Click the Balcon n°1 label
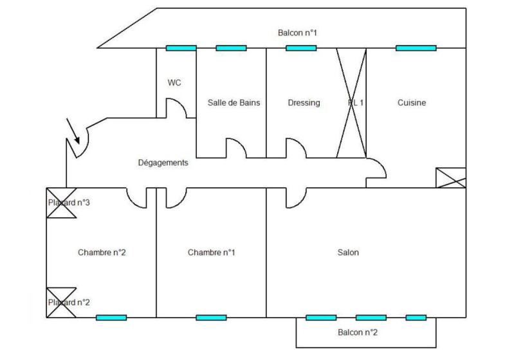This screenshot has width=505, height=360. click(x=297, y=33)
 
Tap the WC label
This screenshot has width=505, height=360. click(x=174, y=83)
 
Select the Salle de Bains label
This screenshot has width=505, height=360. click(x=234, y=103)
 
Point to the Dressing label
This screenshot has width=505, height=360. click(x=304, y=103)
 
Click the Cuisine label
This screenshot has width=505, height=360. click(x=412, y=103)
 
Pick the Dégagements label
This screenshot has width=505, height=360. click(x=163, y=163)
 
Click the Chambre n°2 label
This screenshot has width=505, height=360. click(x=102, y=253)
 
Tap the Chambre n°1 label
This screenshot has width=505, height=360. click(x=211, y=253)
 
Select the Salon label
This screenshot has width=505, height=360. click(x=348, y=253)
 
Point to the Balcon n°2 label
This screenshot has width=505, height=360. click(x=358, y=332)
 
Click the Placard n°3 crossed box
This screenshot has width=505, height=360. click(x=61, y=203)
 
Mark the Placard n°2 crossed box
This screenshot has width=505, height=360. click(x=61, y=302)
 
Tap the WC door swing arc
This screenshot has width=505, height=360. click(x=177, y=107)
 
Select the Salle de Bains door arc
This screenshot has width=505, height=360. click(x=236, y=148)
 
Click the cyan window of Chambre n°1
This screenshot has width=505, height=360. click(x=211, y=317)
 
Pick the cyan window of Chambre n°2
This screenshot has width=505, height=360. click(x=111, y=317)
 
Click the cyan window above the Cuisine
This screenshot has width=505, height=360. click(x=416, y=48)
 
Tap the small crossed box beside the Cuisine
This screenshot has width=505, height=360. click(x=450, y=177)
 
